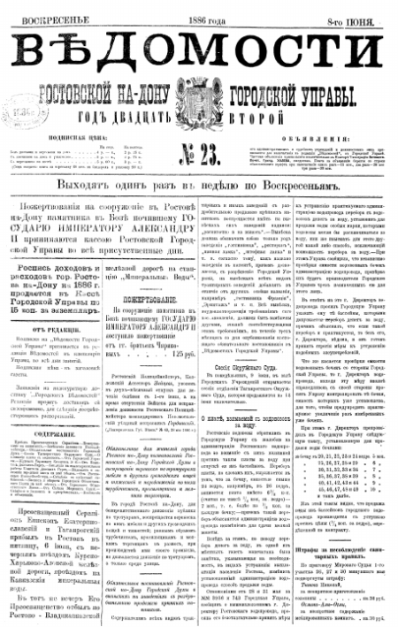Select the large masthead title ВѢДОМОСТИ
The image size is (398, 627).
tap(199, 45)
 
